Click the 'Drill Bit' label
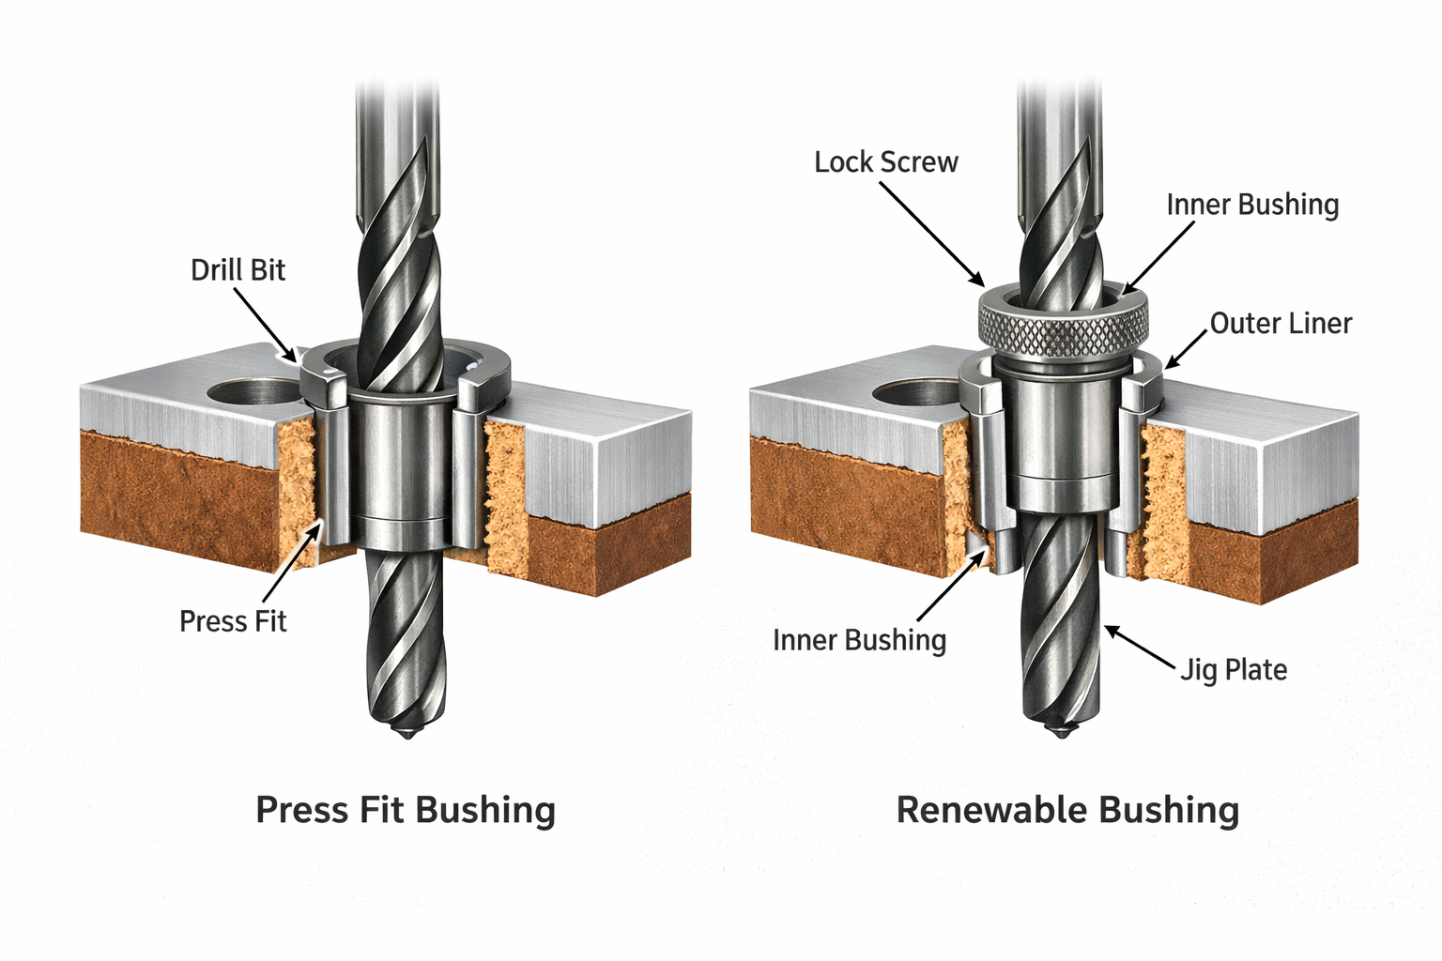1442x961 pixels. tap(238, 270)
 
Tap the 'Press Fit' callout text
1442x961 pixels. tap(233, 621)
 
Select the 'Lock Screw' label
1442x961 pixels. tap(885, 162)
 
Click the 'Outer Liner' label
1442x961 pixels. tap(1281, 324)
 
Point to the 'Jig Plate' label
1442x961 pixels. tap(1234, 670)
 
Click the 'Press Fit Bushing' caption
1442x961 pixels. tap(406, 810)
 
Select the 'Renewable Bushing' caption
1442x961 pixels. tap(1067, 810)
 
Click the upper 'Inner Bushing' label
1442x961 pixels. tap(1252, 205)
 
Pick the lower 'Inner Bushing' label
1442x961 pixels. tap(859, 640)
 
